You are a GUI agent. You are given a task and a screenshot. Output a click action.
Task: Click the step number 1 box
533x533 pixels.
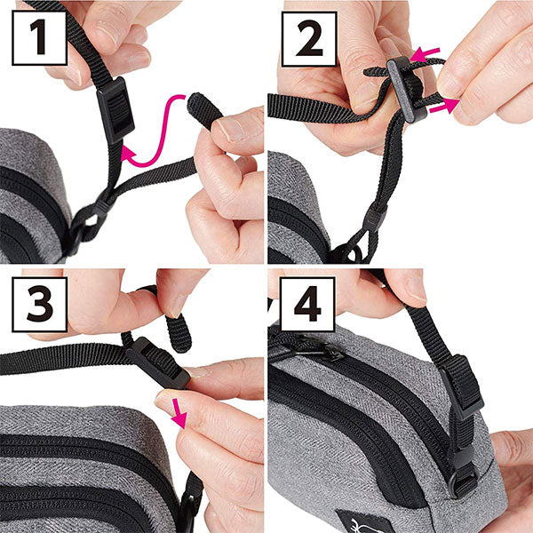click(x=39, y=37)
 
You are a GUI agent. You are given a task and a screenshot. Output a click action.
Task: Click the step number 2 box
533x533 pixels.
click(x=309, y=39)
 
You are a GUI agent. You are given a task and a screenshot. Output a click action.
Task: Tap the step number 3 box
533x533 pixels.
click(x=39, y=304)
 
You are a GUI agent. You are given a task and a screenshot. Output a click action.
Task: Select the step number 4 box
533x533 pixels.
click(x=307, y=304)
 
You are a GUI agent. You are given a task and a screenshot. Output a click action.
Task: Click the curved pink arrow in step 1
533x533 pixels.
click(x=163, y=136)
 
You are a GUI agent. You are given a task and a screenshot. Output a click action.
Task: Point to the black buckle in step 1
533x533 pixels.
click(x=115, y=109)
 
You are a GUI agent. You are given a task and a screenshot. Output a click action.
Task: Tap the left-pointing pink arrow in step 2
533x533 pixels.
click(x=425, y=54)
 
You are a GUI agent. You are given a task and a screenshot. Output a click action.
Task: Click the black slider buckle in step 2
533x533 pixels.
click(x=407, y=89)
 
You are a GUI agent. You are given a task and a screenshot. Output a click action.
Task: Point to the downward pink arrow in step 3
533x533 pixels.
click(x=179, y=413)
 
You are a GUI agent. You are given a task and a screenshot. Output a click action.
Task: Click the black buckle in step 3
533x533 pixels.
click(x=158, y=363)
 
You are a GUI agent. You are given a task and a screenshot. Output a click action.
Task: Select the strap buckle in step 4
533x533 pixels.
click(x=462, y=386)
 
